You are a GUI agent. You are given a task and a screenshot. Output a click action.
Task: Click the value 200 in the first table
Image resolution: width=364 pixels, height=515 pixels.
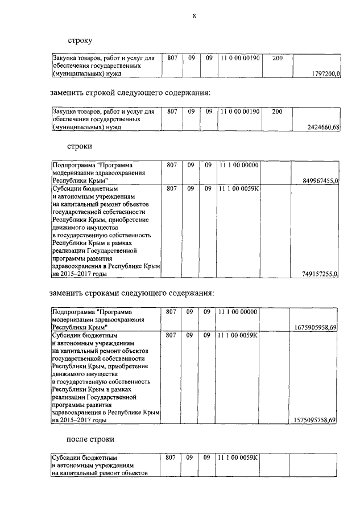point(277,58)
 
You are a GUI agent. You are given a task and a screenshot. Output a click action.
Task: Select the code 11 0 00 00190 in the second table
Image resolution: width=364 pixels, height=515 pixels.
point(239,112)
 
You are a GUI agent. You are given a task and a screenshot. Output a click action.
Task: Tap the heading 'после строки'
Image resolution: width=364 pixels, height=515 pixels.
point(90,439)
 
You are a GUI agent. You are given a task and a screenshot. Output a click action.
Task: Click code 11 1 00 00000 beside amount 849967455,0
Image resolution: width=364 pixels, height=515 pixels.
point(239,165)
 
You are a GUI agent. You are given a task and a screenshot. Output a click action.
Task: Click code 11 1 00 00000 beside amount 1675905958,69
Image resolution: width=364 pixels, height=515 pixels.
point(239,312)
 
